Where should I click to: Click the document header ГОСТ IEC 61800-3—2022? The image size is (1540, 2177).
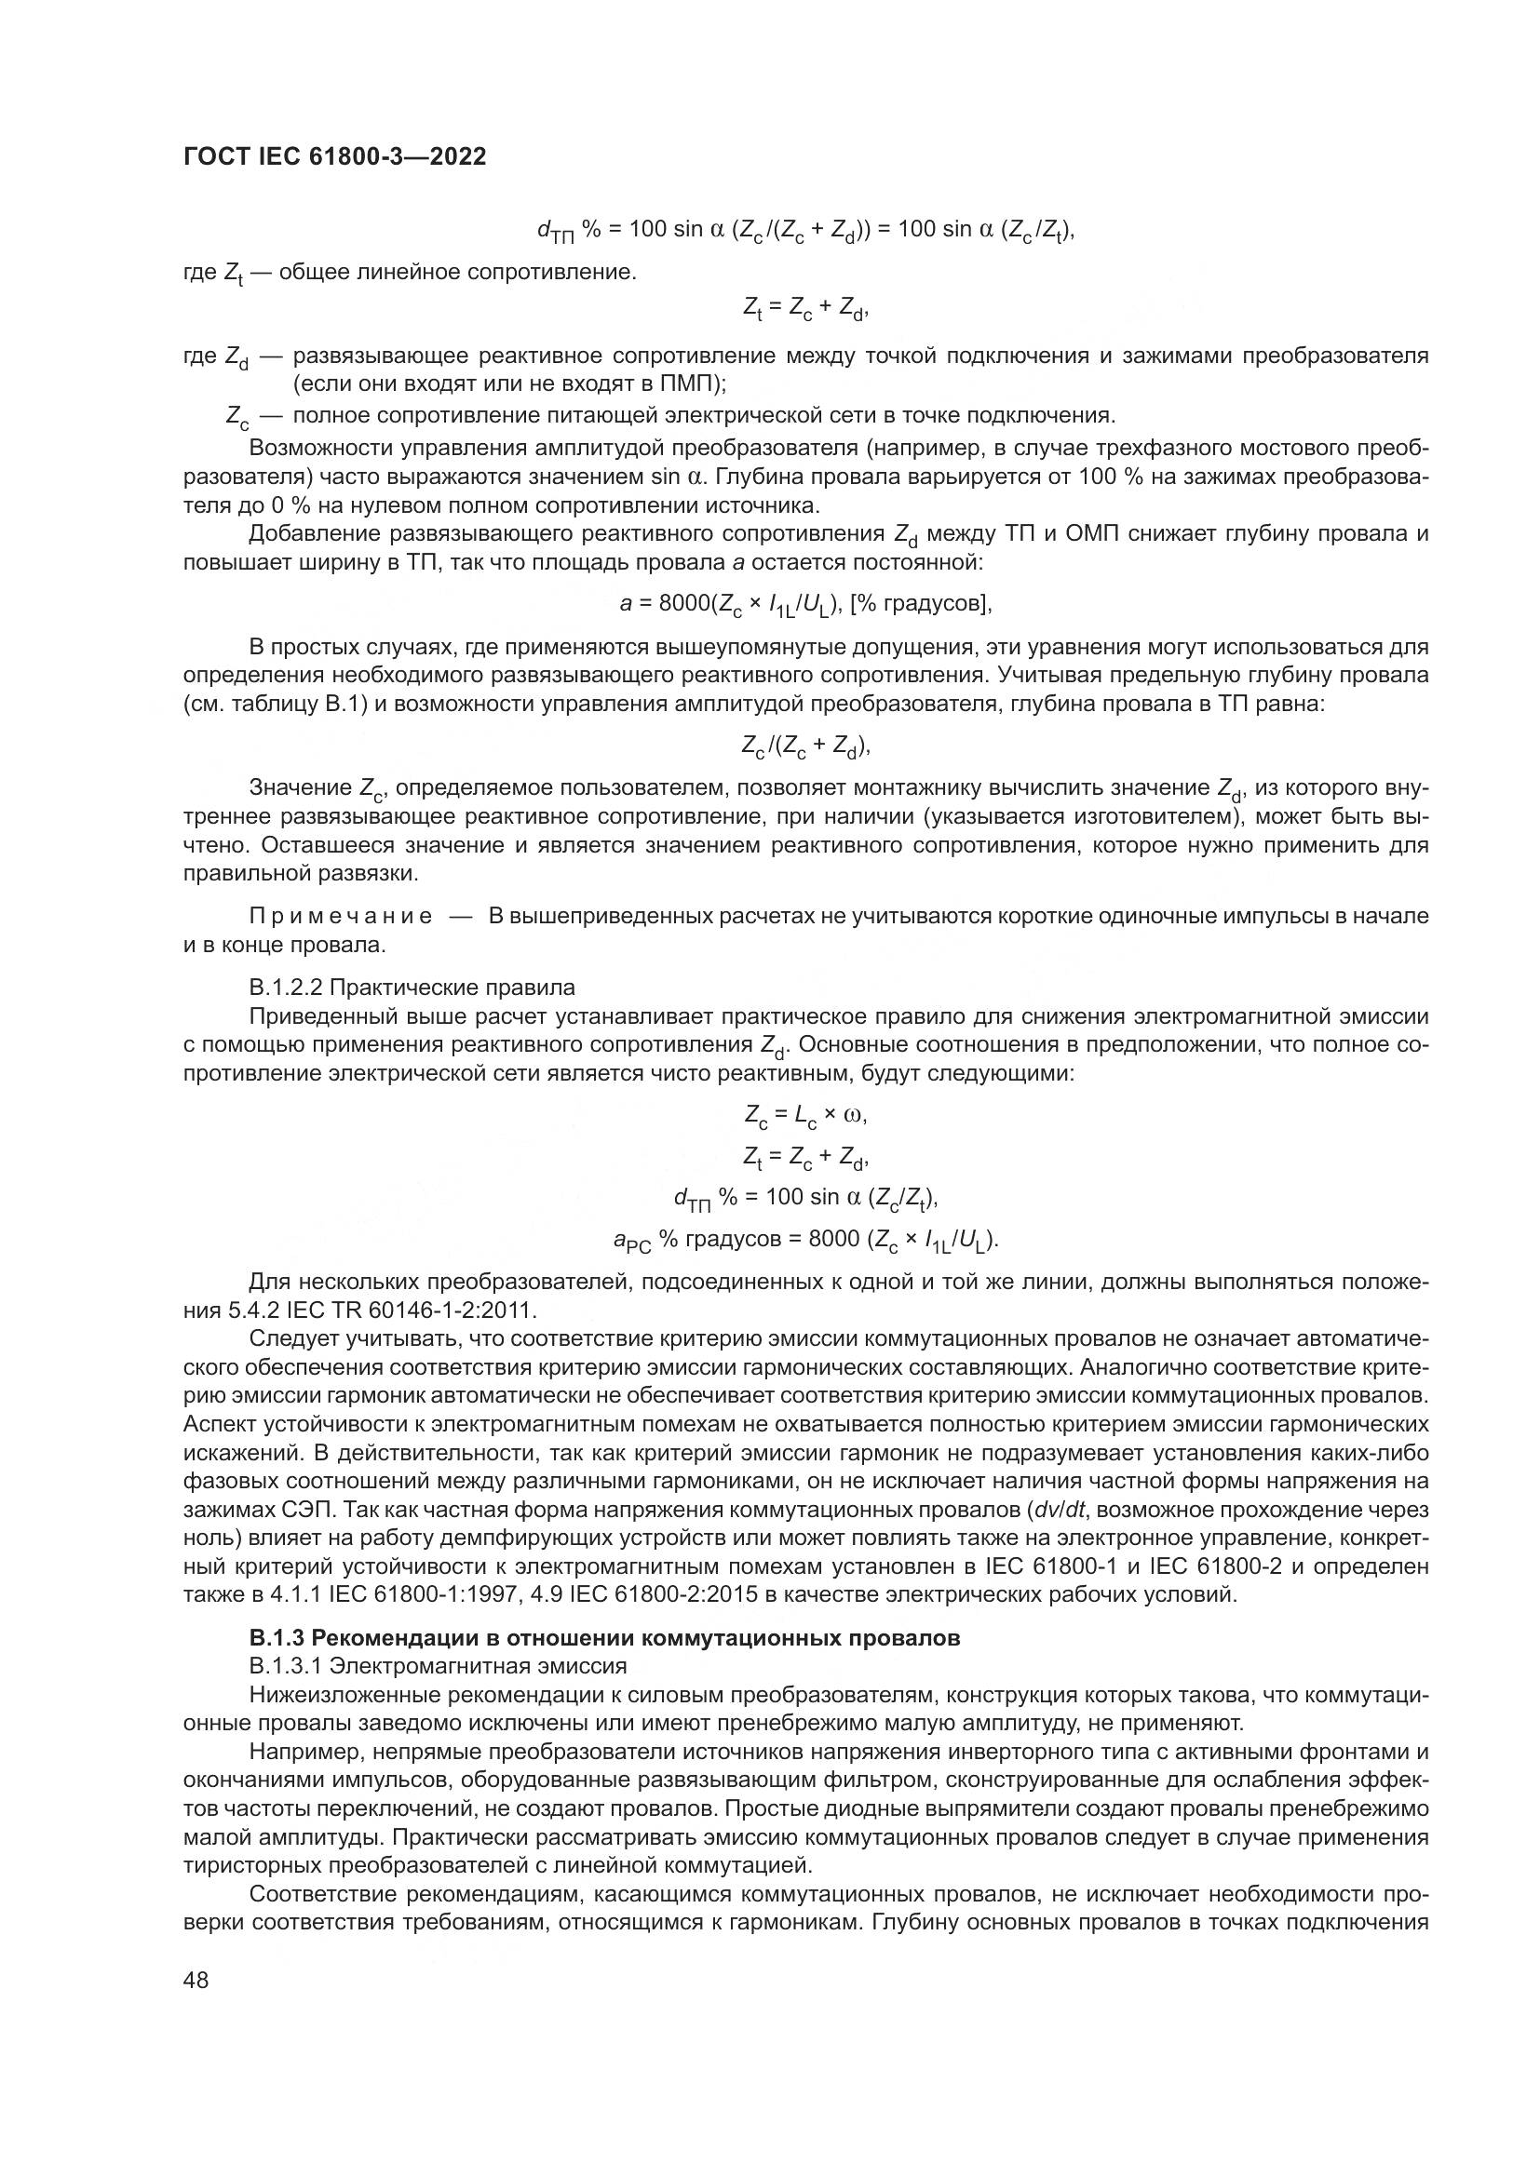coord(334,157)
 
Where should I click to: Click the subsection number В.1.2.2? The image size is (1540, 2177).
coord(285,987)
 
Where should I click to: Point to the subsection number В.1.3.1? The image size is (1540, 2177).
coord(285,1666)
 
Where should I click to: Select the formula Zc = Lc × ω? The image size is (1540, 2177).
coord(806,1115)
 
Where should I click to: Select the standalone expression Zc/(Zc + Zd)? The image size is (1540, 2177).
coord(806,746)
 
